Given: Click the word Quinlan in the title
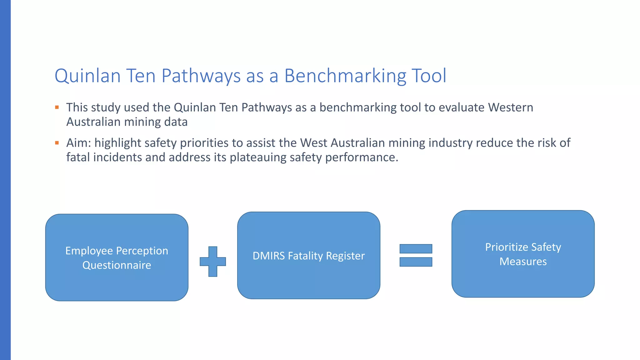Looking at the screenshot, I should [87, 76].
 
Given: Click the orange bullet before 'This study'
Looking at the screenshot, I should [57, 107].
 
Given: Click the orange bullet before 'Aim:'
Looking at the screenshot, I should [57, 143].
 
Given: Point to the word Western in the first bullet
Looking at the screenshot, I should [511, 107].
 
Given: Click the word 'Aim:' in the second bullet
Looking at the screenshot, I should [78, 143].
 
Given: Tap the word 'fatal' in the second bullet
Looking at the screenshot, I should [78, 157].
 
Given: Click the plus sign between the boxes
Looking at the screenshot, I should [213, 262].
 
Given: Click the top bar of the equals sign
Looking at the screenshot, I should [416, 249].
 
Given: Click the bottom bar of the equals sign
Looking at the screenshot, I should [416, 262].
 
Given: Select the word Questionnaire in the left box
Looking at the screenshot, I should [117, 265].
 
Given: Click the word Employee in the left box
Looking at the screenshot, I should [89, 251].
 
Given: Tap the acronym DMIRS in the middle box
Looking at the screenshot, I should [268, 256].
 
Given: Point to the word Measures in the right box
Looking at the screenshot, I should [523, 262].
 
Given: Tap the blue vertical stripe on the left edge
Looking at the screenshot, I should [5, 180].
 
